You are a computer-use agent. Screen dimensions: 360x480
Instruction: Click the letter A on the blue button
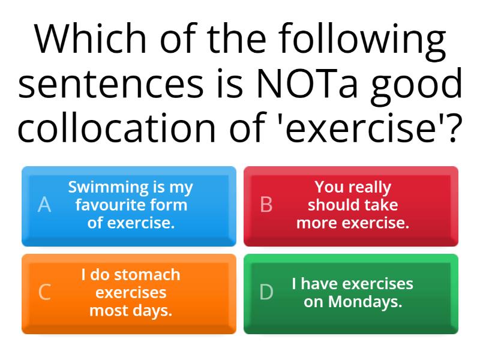44,205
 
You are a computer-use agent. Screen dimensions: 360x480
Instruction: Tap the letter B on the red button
266,205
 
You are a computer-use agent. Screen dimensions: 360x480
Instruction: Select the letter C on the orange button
44,292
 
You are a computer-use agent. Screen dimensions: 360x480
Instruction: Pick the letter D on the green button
266,292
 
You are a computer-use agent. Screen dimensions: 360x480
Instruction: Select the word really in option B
369,187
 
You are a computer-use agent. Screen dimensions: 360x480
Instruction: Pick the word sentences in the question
112,85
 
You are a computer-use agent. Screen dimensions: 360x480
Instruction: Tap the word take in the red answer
382,205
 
